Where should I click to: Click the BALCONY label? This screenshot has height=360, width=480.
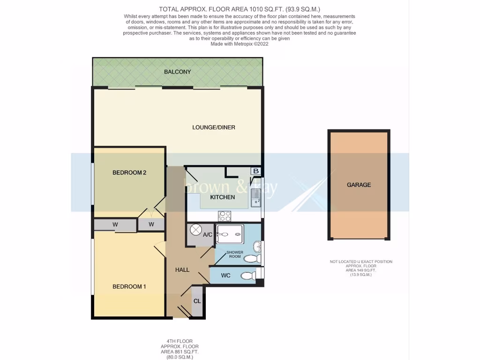click(177, 72)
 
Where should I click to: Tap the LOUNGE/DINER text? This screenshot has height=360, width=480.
click(213, 127)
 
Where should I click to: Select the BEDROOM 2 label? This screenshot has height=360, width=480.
click(129, 172)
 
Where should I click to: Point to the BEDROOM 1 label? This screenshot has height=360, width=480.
click(129, 286)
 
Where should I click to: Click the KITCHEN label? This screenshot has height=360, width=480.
click(222, 197)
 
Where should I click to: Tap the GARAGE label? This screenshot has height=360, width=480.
click(359, 185)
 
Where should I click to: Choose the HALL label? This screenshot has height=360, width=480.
click(182, 270)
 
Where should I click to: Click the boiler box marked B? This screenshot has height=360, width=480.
click(255, 171)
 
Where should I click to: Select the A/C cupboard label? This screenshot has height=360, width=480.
click(208, 234)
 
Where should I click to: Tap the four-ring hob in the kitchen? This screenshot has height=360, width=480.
click(225, 216)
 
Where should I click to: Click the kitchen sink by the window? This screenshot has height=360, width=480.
click(255, 198)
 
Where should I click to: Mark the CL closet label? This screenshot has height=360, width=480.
click(197, 300)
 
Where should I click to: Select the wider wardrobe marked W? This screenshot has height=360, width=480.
click(115, 225)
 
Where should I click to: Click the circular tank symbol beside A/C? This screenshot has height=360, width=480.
click(195, 230)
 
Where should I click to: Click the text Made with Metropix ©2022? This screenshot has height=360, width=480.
click(240, 44)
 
